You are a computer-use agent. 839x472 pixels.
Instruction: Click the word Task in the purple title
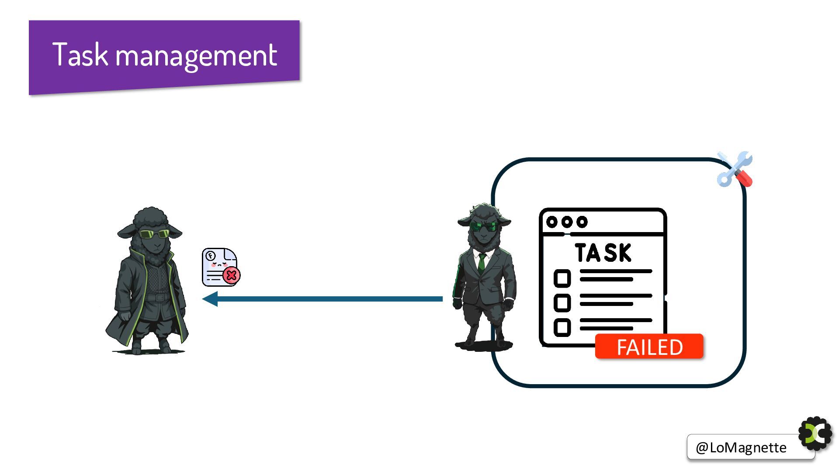coord(80,55)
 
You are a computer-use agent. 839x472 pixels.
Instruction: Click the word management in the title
coord(196,56)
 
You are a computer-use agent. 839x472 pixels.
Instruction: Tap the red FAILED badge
coord(649,347)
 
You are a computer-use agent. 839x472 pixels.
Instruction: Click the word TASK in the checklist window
coord(603,253)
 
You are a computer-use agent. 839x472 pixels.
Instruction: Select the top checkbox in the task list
coord(562,278)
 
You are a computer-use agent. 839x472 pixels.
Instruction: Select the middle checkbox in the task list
coord(562,302)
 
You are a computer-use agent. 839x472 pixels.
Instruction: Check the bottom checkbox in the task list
coord(562,327)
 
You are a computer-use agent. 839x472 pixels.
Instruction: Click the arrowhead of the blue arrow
coord(210,299)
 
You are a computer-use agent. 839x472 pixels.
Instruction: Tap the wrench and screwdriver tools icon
coord(735,170)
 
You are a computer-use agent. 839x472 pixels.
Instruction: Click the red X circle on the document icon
coord(231,275)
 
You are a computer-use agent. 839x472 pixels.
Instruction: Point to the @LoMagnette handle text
coord(741,448)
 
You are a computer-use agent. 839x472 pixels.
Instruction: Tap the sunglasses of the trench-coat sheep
coord(154,234)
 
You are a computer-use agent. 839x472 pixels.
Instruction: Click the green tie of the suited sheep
coord(482,262)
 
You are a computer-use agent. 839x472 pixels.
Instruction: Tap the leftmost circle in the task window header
coord(552,222)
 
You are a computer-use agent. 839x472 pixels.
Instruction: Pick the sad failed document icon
coord(220,267)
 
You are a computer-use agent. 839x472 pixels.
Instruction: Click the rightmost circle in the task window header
coord(582,222)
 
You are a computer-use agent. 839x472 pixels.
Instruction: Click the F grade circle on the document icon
coord(211,256)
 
